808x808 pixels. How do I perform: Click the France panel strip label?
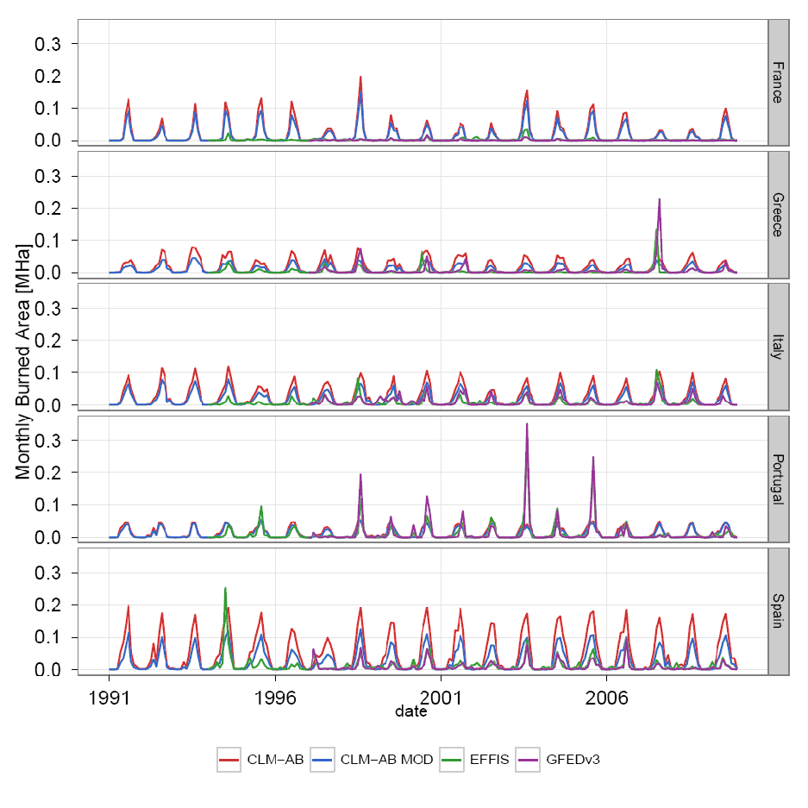tap(778, 83)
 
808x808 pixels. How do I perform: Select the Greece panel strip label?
tap(778, 215)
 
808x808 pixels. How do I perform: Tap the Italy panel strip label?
tap(778, 348)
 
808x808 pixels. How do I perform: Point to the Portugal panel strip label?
tap(778, 479)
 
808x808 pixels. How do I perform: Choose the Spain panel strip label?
tap(778, 611)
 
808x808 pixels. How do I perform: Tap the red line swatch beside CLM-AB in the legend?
tap(229, 759)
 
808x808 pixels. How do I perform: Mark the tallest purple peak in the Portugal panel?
tap(527, 424)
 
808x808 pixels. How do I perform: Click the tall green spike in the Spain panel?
tap(225, 589)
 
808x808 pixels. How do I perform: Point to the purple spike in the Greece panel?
tap(660, 200)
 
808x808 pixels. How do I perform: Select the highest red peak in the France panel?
tap(360, 78)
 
